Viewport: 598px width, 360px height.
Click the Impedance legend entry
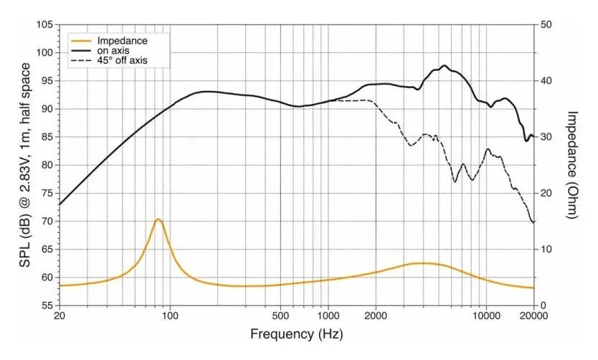pyautogui.click(x=121, y=41)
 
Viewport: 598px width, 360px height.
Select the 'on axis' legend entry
pyautogui.click(x=112, y=51)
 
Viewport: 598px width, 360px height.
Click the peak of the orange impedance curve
pyautogui.click(x=158, y=219)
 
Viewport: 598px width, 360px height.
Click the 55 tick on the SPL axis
pyautogui.click(x=46, y=305)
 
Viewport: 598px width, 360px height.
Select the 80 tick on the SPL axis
pyautogui.click(x=46, y=165)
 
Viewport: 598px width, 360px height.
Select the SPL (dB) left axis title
pyautogui.click(x=25, y=164)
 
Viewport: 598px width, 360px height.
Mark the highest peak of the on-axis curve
pyautogui.click(x=445, y=65)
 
